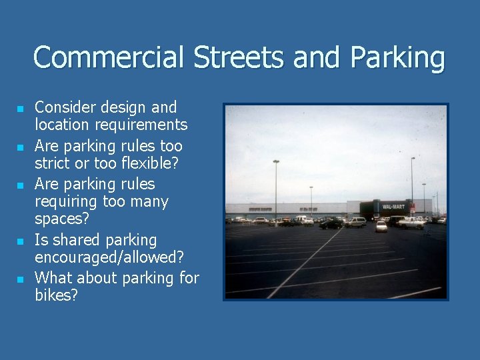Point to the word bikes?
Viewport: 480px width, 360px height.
[56, 295]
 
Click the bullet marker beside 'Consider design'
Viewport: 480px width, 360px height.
[21, 108]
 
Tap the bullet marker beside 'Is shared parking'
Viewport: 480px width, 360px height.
[21, 241]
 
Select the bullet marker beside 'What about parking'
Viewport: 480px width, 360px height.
[21, 279]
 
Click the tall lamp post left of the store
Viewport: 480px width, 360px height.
[276, 190]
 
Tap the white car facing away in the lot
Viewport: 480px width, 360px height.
[381, 226]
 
